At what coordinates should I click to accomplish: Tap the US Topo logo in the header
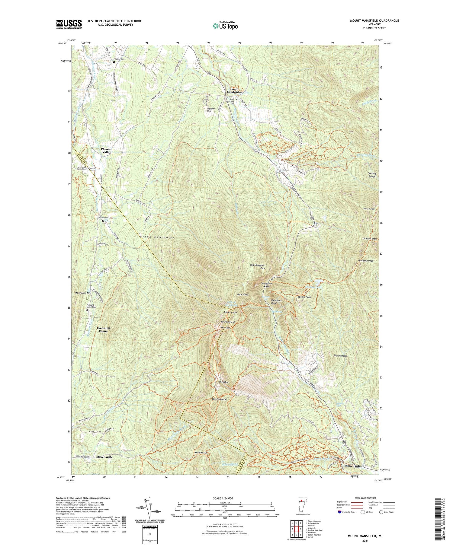[x=225, y=26]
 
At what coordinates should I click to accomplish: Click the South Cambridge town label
[x=234, y=90]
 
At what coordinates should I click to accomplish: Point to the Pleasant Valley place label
[x=107, y=151]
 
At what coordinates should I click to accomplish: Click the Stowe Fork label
[x=352, y=466]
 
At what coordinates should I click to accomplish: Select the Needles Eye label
[x=201, y=453]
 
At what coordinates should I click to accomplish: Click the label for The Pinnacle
[x=340, y=356]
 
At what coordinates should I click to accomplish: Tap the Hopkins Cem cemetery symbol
[x=114, y=62]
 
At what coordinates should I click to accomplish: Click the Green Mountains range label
[x=157, y=237]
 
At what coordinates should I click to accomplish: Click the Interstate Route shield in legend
[x=340, y=512]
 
